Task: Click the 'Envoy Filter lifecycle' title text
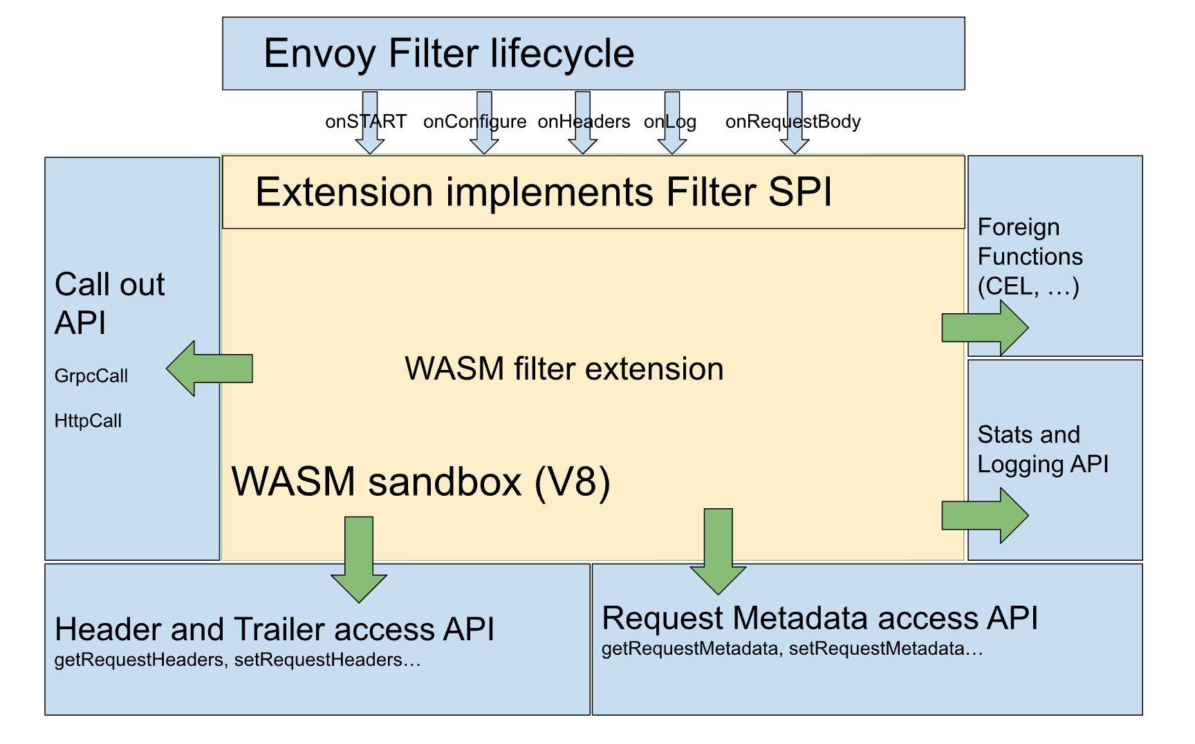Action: pyautogui.click(x=449, y=54)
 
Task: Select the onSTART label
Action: pyautogui.click(x=366, y=122)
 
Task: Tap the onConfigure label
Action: pyautogui.click(x=474, y=122)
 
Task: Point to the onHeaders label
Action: pyautogui.click(x=584, y=122)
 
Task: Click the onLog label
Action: pyautogui.click(x=669, y=122)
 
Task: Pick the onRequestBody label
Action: pyautogui.click(x=793, y=122)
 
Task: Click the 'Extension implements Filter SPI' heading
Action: pyautogui.click(x=544, y=192)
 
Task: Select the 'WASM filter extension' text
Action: pyautogui.click(x=564, y=369)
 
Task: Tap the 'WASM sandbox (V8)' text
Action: pyautogui.click(x=420, y=482)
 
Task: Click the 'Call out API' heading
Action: pyautogui.click(x=109, y=304)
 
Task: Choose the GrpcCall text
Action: pyautogui.click(x=91, y=376)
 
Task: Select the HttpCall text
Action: pyautogui.click(x=88, y=420)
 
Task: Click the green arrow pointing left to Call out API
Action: pyautogui.click(x=210, y=369)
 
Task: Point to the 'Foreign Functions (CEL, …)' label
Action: pyautogui.click(x=1030, y=257)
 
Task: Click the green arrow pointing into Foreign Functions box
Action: pyautogui.click(x=985, y=327)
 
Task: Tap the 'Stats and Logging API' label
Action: pyautogui.click(x=1043, y=449)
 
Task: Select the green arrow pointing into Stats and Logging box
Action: pyautogui.click(x=985, y=515)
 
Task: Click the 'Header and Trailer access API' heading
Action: pyautogui.click(x=275, y=629)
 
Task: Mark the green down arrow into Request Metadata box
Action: pyautogui.click(x=719, y=552)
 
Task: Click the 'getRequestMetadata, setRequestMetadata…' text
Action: pyautogui.click(x=792, y=649)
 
